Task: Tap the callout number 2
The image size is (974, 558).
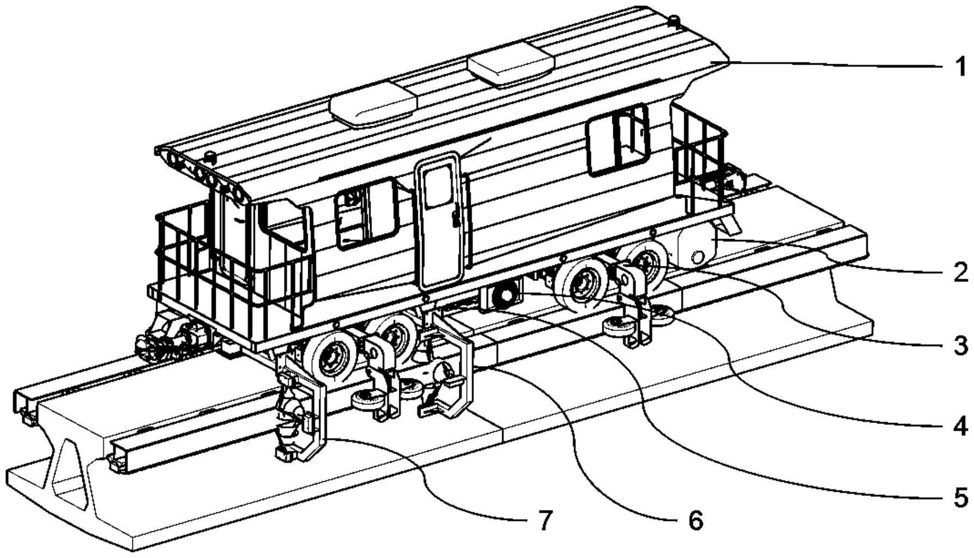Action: (x=960, y=272)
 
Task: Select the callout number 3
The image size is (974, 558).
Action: (x=960, y=346)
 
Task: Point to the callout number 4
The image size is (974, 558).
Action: (x=960, y=426)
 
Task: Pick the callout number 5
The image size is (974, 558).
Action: (x=960, y=496)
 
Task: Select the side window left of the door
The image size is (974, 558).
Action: (x=366, y=213)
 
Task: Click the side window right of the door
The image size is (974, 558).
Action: (x=619, y=141)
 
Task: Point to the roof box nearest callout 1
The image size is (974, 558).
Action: (x=510, y=65)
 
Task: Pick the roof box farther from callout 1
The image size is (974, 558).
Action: (x=374, y=107)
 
